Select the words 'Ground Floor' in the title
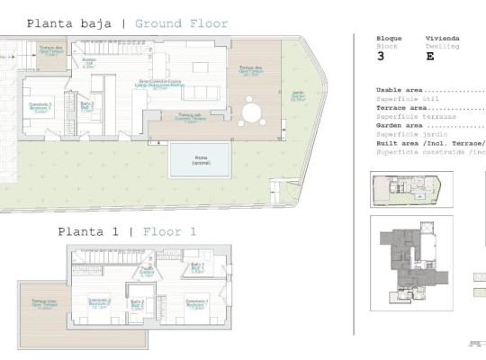coord(181,23)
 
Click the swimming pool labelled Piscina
coord(200,160)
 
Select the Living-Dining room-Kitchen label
coord(160,85)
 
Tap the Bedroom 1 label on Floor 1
coord(196,302)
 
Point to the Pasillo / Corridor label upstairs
coord(146,270)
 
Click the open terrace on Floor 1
coord(41,306)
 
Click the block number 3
coord(380,56)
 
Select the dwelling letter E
coord(429,56)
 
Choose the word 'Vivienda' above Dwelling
coord(442,38)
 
